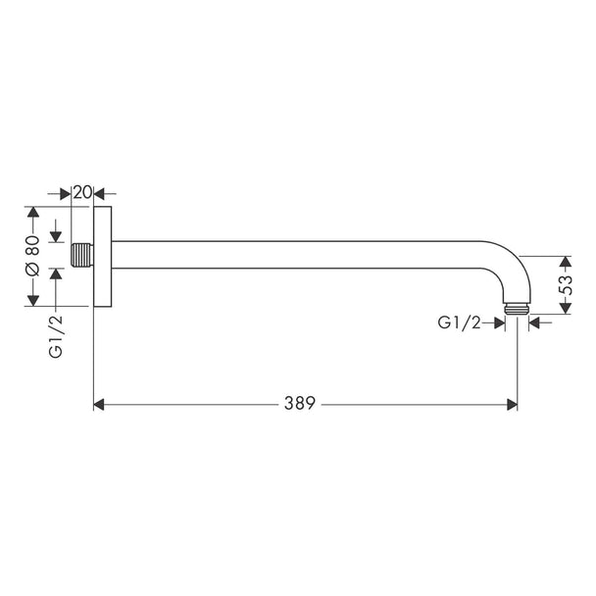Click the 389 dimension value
point(300,403)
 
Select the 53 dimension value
point(566,285)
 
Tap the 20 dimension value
point(82,193)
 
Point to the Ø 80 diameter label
point(32,256)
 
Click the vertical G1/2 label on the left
point(56,336)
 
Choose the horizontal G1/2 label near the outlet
point(459,323)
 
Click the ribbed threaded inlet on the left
point(82,255)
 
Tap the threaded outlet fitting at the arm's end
point(517,309)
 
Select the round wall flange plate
point(103,257)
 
